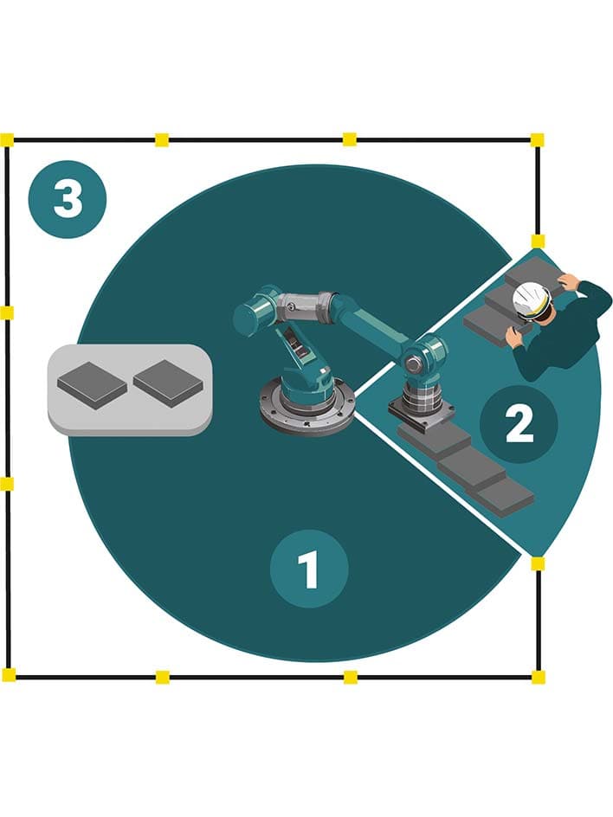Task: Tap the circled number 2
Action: (519, 425)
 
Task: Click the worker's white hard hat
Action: (532, 300)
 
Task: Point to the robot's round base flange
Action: (307, 406)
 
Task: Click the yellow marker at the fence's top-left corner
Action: (7, 139)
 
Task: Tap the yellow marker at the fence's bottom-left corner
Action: (8, 674)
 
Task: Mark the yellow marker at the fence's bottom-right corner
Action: (538, 676)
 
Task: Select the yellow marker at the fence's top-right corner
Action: (537, 139)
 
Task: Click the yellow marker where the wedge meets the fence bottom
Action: (538, 563)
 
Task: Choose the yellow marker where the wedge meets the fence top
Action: (538, 241)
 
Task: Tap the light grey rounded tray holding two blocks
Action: (130, 389)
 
